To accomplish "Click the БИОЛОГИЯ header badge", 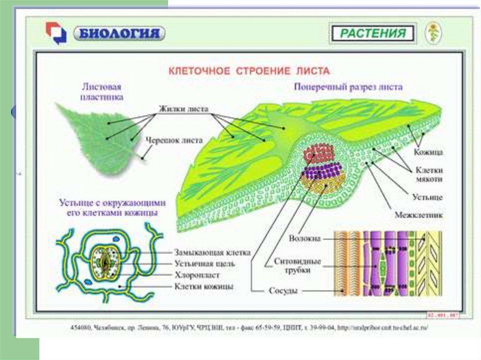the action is click(x=119, y=33).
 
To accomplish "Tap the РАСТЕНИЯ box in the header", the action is click(x=373, y=34).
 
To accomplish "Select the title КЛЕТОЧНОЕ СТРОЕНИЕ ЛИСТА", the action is click(x=249, y=71).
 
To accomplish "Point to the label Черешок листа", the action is click(x=174, y=140).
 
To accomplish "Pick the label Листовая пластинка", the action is click(x=102, y=92).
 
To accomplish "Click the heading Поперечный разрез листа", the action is click(x=348, y=87).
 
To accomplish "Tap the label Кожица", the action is click(x=428, y=152).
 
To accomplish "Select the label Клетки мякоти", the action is click(x=428, y=174).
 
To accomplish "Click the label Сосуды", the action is click(x=283, y=291).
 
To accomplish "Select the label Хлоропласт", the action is click(x=197, y=275).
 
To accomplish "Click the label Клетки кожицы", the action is click(x=204, y=286).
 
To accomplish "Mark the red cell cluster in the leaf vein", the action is click(x=319, y=153).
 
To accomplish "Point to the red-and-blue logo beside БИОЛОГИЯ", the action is click(x=56, y=33).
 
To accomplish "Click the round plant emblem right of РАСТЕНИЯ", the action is click(x=433, y=33).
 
